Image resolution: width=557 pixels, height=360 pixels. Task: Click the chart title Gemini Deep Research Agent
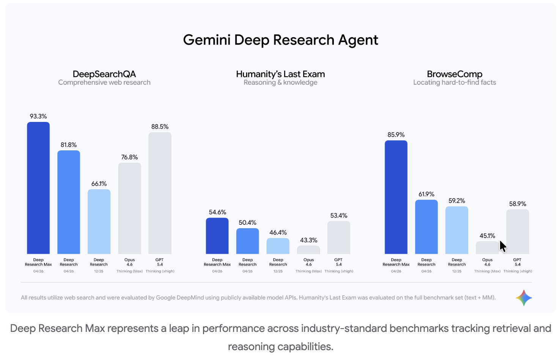pos(280,40)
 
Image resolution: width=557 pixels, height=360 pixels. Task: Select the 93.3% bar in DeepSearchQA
pos(38,188)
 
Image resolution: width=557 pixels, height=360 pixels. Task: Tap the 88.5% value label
pos(160,126)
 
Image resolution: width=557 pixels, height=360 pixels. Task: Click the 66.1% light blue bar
pos(99,222)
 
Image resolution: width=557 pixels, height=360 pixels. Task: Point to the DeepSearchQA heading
pos(104,74)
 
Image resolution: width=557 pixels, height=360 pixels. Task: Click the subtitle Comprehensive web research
pos(104,82)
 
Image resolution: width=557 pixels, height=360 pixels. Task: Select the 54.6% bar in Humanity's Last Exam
pos(217,236)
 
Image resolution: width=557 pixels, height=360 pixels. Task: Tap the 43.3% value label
pos(308,240)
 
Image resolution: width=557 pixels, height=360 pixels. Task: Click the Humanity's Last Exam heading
pos(280,74)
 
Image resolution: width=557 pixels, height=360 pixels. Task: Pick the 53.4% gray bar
pos(338,238)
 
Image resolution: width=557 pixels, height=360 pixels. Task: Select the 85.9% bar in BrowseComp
pos(396,197)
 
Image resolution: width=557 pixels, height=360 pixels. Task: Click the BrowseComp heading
pos(455,74)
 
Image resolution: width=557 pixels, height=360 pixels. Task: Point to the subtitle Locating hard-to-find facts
pos(455,82)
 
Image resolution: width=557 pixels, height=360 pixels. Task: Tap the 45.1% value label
pos(487,236)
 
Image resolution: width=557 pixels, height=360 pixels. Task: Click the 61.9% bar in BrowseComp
pos(426,227)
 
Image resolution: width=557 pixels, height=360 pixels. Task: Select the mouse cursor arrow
pos(503,246)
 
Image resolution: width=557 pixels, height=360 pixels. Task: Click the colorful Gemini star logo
pos(524,298)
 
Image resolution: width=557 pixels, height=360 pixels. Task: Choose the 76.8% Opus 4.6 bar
pos(129,208)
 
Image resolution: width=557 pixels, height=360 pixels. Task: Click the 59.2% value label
pos(456,201)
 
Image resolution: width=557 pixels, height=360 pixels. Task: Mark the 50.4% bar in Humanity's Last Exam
pos(247,241)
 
